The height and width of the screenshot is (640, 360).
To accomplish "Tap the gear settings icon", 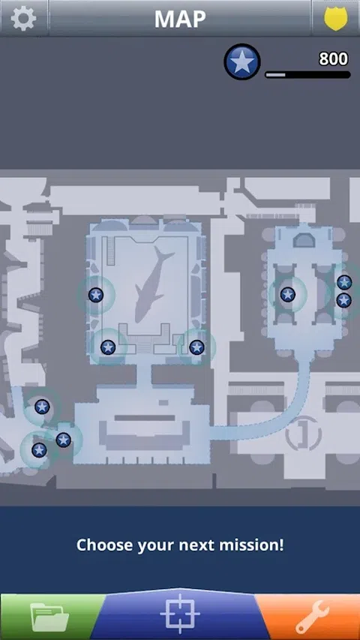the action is pos(23,18).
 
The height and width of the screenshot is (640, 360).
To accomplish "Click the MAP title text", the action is pos(180,18).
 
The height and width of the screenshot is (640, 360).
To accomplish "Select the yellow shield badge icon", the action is pos(336,18).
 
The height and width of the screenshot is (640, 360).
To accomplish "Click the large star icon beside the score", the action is pos(242,62).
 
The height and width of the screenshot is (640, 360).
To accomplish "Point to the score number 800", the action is pos(334,59).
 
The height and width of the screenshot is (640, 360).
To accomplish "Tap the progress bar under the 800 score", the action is pos(307,75).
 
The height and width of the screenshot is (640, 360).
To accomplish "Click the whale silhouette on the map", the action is pos(152,284).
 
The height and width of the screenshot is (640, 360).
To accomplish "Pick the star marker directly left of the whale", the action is pos(96,295).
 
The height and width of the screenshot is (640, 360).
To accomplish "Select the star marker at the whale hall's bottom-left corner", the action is pos(108,347).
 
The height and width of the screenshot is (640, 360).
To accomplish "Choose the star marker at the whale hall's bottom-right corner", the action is pos(196,347).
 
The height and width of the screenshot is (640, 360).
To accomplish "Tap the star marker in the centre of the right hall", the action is pos(288,294).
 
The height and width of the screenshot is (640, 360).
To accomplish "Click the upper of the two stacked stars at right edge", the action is pos(344,282).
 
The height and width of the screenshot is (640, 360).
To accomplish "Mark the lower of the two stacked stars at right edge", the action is pos(344,300).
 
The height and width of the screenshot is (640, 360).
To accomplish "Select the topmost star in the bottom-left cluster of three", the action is pos(42,407).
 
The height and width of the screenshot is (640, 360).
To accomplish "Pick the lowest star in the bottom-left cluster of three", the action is pos(39,450).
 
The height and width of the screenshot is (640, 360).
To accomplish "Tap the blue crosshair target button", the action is pos(180,614).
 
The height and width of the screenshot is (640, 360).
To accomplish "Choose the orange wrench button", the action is pos(312,617).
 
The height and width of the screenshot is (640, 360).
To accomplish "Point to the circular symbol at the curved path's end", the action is pos(303,434).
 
